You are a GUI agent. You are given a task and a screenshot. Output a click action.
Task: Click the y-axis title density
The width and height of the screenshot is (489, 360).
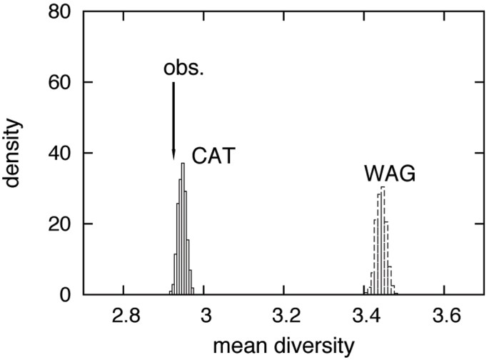click(15, 154)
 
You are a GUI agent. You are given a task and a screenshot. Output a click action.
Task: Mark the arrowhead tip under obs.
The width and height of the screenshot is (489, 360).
click(173, 161)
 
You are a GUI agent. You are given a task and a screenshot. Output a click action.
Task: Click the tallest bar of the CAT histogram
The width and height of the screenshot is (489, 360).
click(183, 229)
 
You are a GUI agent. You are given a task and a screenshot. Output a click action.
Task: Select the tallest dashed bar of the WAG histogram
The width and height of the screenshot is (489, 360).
click(383, 239)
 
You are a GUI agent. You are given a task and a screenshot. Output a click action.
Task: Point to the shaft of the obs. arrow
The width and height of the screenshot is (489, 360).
click(173, 118)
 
